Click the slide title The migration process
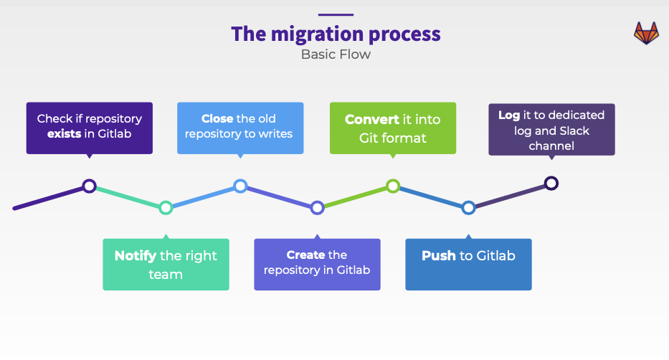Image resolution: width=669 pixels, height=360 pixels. click(336, 34)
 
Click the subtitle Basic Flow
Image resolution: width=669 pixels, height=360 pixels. click(336, 55)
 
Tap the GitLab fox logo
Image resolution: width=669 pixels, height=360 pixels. click(646, 33)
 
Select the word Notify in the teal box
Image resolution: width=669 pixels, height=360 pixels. click(136, 256)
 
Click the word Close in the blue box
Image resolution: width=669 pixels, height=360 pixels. click(217, 118)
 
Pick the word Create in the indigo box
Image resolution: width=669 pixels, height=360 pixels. click(305, 255)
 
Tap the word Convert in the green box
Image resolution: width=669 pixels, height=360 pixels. click(371, 120)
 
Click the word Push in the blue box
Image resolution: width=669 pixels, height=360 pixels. click(439, 256)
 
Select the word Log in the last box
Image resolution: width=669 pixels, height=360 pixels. click(509, 115)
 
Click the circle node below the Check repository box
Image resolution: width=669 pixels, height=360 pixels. click(89, 186)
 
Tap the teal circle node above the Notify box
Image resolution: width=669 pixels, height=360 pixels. click(166, 208)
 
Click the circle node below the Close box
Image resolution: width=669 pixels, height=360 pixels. click(241, 186)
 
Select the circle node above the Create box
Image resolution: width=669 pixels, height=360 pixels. click(317, 208)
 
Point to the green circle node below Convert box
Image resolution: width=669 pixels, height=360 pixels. click(393, 186)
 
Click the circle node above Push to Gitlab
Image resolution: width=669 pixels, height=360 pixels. click(468, 208)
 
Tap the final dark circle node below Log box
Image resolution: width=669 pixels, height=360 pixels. click(551, 184)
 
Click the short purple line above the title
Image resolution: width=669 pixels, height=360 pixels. click(336, 14)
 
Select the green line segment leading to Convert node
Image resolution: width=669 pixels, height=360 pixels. click(355, 197)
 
